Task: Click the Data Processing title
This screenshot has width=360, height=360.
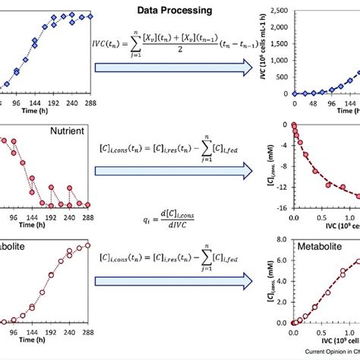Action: [x=173, y=10]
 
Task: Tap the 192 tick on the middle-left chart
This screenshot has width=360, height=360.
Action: [x=53, y=216]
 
